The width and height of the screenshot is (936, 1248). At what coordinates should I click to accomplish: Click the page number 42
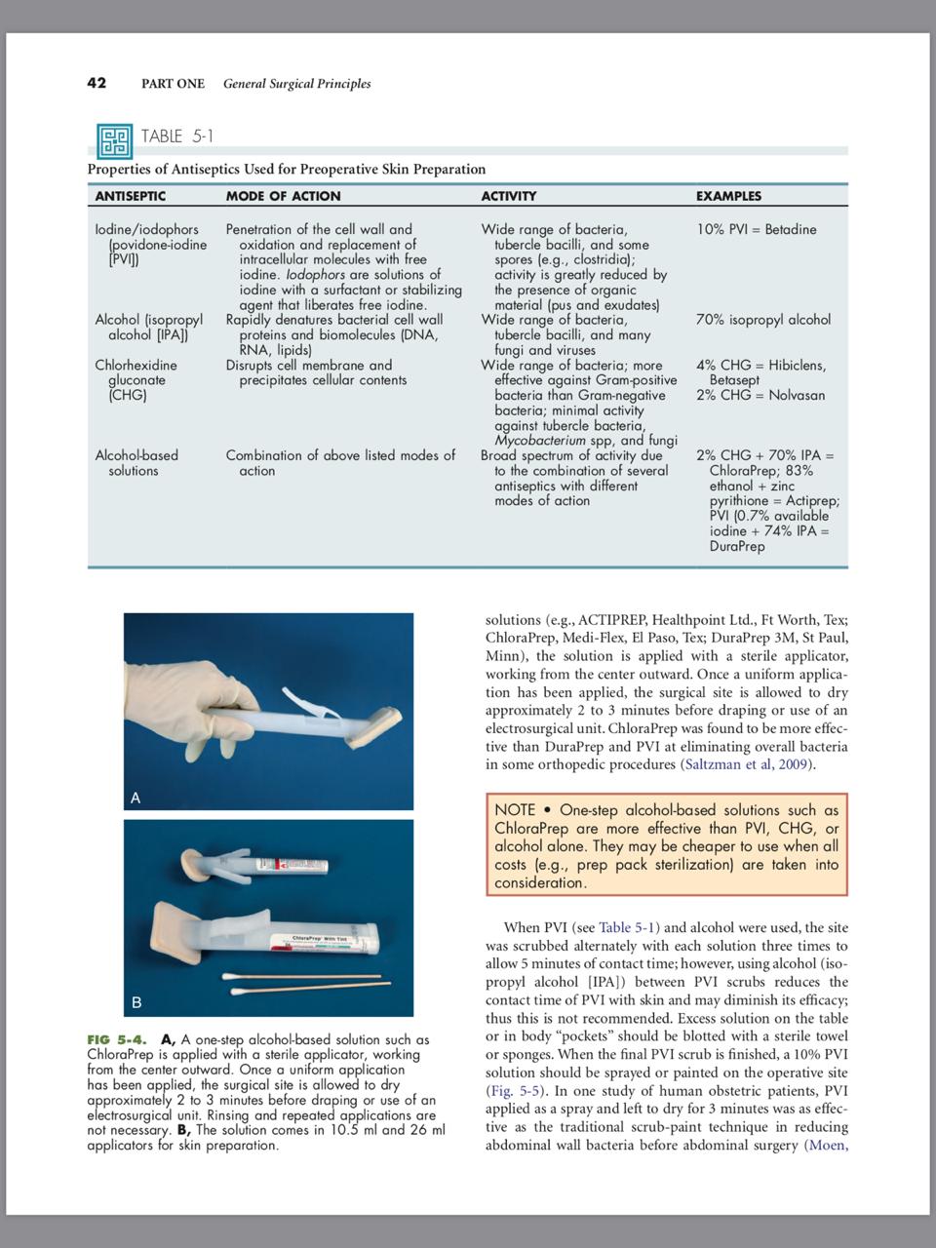coord(97,83)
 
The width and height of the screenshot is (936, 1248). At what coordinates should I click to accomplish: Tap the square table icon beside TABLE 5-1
coord(114,140)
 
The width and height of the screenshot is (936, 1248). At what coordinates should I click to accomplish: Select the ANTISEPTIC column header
coord(130,196)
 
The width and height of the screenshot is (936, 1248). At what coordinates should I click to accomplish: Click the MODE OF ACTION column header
coord(283,196)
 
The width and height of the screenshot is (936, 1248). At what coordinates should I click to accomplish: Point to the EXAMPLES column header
coord(728,196)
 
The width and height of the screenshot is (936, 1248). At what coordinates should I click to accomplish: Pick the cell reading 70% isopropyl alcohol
coord(763,320)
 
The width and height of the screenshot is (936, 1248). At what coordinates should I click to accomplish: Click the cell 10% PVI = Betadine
coord(757,230)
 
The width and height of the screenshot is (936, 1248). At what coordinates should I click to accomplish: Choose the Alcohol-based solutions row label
coord(136,463)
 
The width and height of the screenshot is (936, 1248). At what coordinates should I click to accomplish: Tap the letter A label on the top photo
coord(136,798)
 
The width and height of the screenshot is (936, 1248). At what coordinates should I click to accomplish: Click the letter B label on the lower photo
coord(136,1002)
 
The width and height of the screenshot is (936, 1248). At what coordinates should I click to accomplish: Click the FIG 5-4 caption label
coord(121,1039)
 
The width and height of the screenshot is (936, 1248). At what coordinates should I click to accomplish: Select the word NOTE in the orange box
coord(514,810)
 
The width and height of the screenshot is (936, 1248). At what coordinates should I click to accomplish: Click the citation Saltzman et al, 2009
coord(746,764)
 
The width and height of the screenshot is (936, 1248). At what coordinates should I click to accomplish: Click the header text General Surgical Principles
coord(296,84)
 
